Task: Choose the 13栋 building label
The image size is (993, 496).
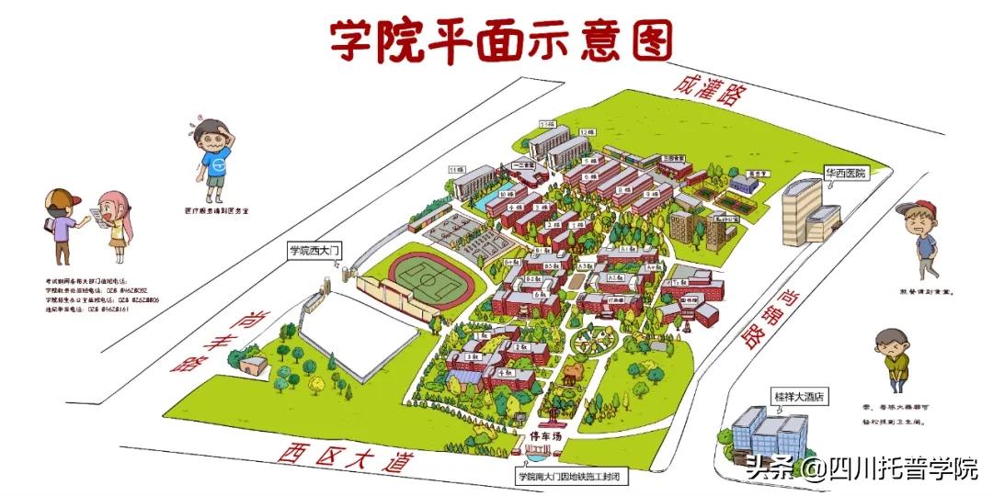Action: click(x=549, y=124)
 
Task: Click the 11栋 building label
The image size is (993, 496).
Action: click(x=456, y=170)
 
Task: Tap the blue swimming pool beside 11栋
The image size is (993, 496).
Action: click(x=483, y=198)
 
